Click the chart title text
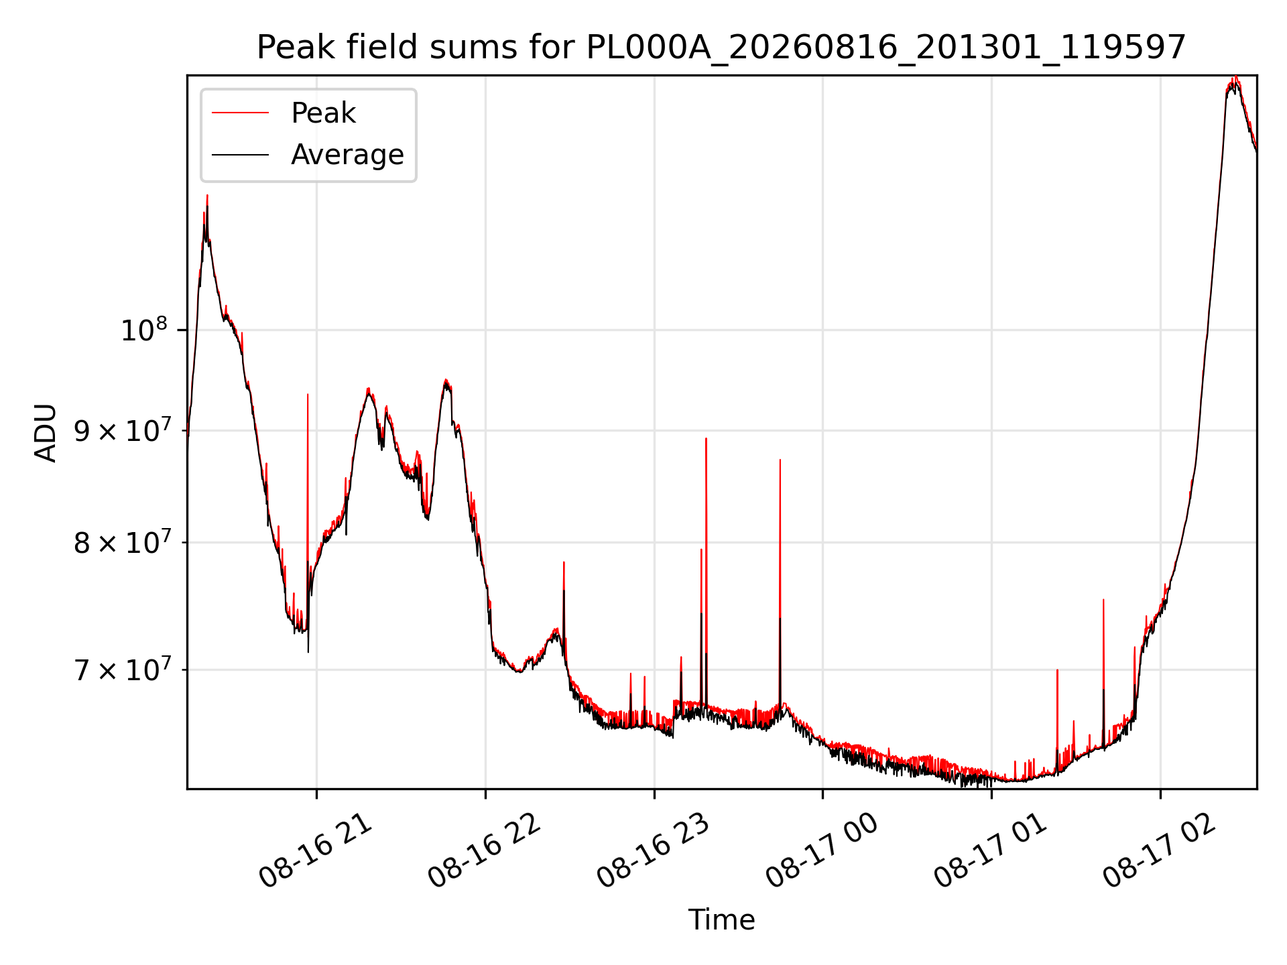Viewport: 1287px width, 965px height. point(721,48)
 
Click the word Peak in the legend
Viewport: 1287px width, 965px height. point(323,113)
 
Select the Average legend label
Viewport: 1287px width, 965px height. point(347,155)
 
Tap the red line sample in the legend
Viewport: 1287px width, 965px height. point(240,113)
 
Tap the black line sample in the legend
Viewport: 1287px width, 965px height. point(240,155)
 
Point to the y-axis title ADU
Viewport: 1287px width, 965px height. point(46,432)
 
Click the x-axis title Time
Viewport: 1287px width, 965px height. point(721,920)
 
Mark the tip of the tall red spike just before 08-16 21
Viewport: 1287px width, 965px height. point(308,394)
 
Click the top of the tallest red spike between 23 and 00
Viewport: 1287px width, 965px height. point(706,438)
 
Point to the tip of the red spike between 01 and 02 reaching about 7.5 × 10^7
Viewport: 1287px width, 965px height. point(1103,600)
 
